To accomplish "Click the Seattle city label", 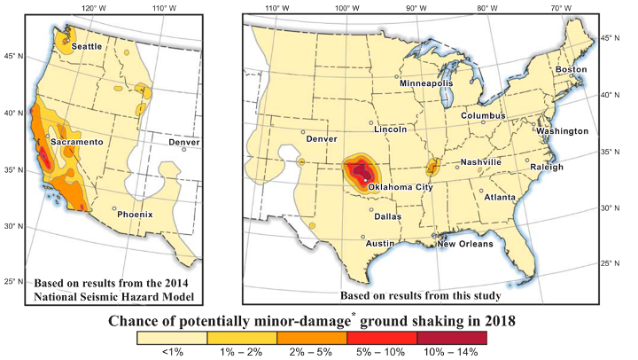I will pos(87,46).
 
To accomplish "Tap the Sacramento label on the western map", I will pos(77,142).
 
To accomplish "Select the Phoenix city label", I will pos(136,214).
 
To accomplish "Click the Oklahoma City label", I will pos(399,188).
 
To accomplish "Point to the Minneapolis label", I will pos(426,83).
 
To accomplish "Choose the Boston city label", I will pos(571,70).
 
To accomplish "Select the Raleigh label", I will pos(546,167).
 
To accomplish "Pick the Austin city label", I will pos(380,243).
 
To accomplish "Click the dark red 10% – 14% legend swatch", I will pos(451,337).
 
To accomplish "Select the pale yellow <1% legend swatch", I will pos(171,337).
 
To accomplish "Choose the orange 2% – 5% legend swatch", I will pos(311,337).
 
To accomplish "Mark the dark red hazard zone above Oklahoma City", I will pos(360,170).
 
